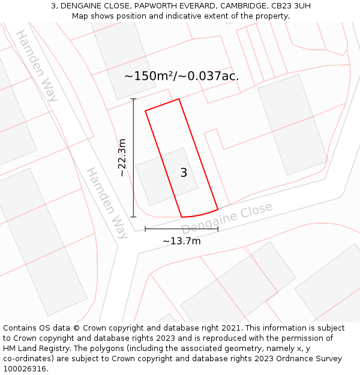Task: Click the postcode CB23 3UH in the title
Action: (291, 6)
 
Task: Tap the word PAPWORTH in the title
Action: (157, 6)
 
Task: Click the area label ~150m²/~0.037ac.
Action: (181, 76)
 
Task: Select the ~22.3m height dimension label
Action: (122, 158)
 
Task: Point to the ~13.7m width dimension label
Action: (181, 241)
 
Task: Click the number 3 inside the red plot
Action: (184, 173)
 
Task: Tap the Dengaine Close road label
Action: (227, 218)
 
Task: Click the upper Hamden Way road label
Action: (37, 65)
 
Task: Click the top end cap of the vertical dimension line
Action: (133, 99)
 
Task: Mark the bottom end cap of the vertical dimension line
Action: (133, 217)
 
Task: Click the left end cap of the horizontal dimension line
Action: (145, 229)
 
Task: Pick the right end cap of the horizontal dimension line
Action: (218, 229)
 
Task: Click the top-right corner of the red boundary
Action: (179, 100)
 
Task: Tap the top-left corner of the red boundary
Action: (145, 110)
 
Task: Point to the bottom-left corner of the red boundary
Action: (182, 217)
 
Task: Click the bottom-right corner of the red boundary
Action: (217, 209)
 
